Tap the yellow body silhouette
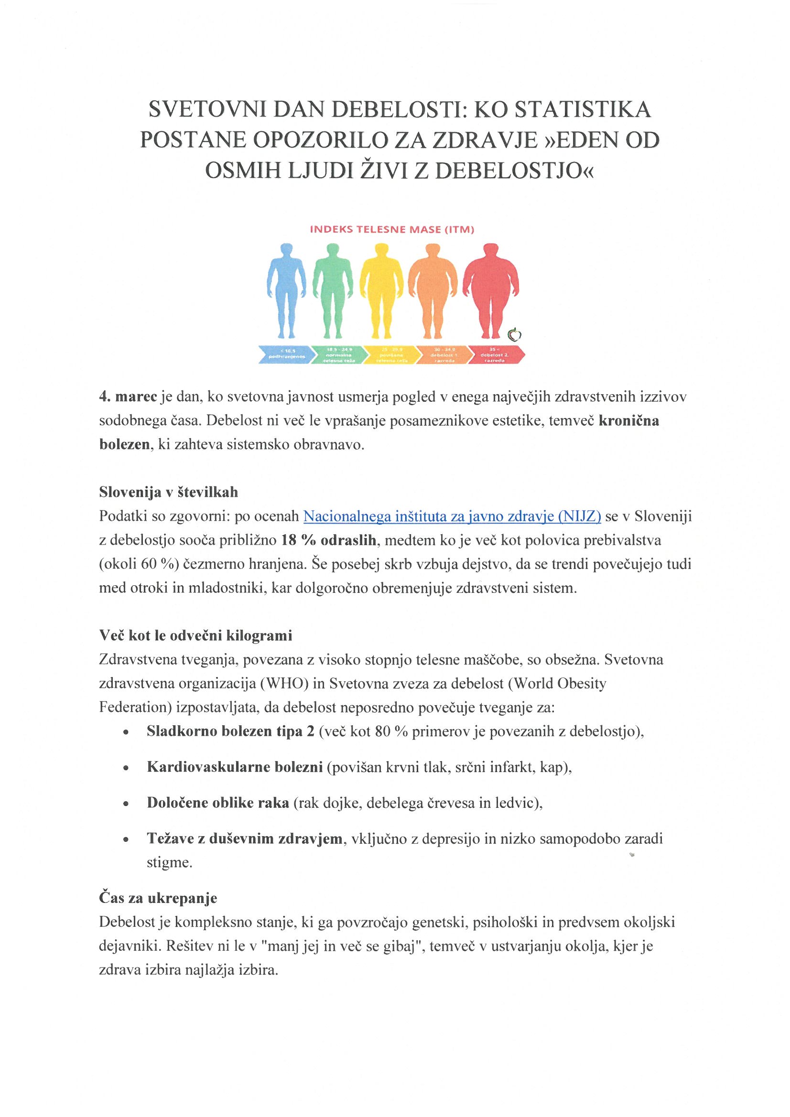click(x=382, y=287)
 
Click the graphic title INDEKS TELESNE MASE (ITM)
click(x=392, y=230)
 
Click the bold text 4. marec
click(x=128, y=397)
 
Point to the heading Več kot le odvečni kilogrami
click(x=195, y=635)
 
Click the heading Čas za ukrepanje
click(x=158, y=898)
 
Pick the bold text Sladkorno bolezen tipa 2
click(x=230, y=732)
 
